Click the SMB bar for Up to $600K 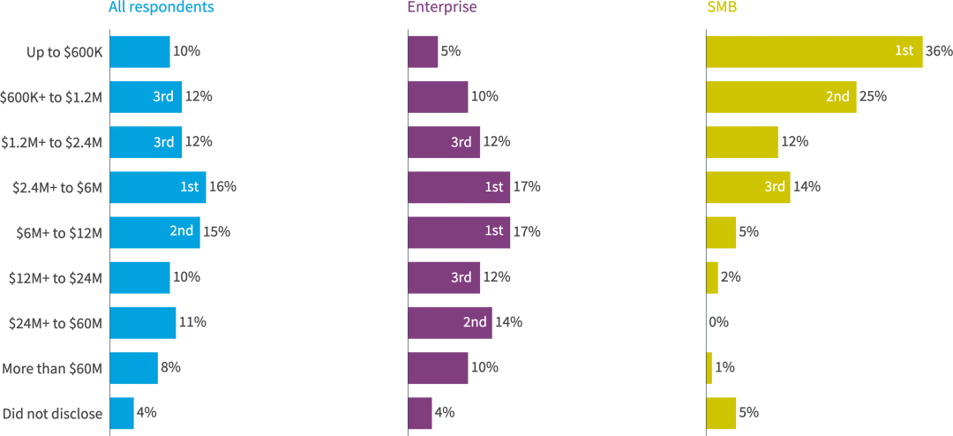click(x=814, y=51)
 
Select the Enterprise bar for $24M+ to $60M click(x=449, y=322)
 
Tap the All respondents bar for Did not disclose click(x=122, y=413)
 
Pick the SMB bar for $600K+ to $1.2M click(x=781, y=96)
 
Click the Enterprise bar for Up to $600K click(x=423, y=51)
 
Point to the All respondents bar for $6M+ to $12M click(x=154, y=232)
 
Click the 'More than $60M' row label click(x=53, y=368)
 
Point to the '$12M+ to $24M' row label click(x=56, y=278)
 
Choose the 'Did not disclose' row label click(x=53, y=413)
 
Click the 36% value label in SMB click(x=939, y=51)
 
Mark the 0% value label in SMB click(x=719, y=322)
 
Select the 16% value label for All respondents click(x=222, y=187)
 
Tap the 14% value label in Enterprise click(x=509, y=322)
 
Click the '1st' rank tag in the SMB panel click(x=904, y=51)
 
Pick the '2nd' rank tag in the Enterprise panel click(x=475, y=322)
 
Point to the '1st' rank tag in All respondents click(x=188, y=187)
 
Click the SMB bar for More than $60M click(x=709, y=368)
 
